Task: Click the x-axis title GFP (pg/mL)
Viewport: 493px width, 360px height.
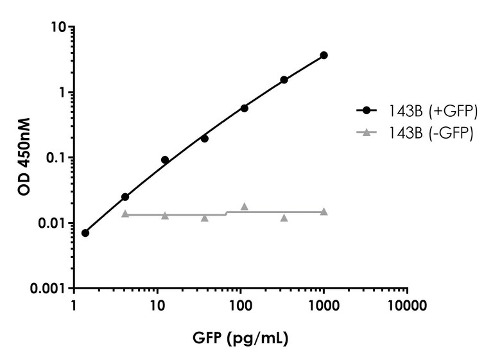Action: tap(240, 336)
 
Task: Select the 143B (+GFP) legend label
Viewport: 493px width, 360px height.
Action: tap(432, 110)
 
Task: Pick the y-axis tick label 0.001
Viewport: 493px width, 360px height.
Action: tap(50, 289)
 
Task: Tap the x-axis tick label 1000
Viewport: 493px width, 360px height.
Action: tap(324, 305)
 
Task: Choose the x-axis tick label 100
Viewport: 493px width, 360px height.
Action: tap(241, 305)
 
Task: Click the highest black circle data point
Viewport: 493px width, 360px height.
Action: tap(324, 55)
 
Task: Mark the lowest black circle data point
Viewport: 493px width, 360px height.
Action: tap(85, 233)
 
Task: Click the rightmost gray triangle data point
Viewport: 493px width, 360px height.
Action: tap(324, 211)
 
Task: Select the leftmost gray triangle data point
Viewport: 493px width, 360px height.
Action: tap(125, 214)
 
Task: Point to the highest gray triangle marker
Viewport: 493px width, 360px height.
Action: tap(244, 206)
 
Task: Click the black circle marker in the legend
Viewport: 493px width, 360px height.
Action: tap(367, 110)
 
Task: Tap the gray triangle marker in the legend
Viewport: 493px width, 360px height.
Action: tap(367, 132)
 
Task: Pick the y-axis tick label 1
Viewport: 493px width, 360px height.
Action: tap(64, 92)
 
